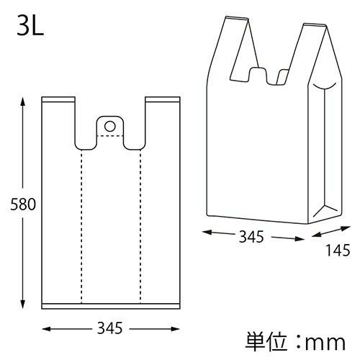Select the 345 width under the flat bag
[x=110, y=329]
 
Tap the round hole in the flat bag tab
[x=110, y=126]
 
